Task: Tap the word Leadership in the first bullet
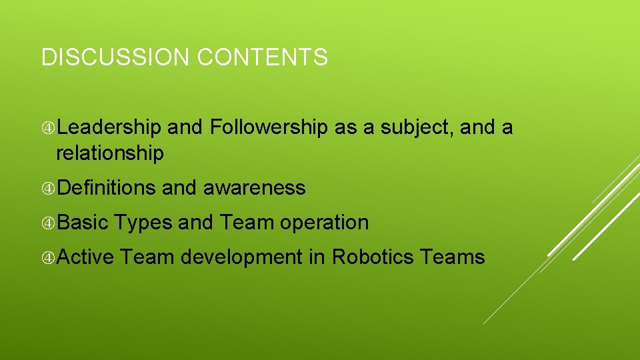point(109,127)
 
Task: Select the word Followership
point(269,127)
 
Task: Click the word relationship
point(109,154)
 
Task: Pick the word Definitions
point(107,188)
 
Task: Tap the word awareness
point(254,189)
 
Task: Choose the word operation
point(324,223)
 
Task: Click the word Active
point(85,257)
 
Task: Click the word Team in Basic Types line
point(247,222)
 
